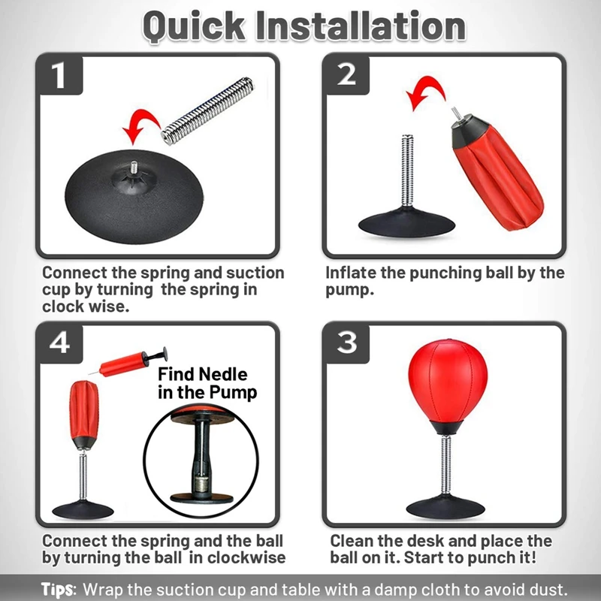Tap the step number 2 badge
tap(346, 75)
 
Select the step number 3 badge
tap(346, 343)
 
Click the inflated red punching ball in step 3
tap(443, 383)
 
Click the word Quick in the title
tap(191, 26)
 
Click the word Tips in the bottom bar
tap(57, 588)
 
